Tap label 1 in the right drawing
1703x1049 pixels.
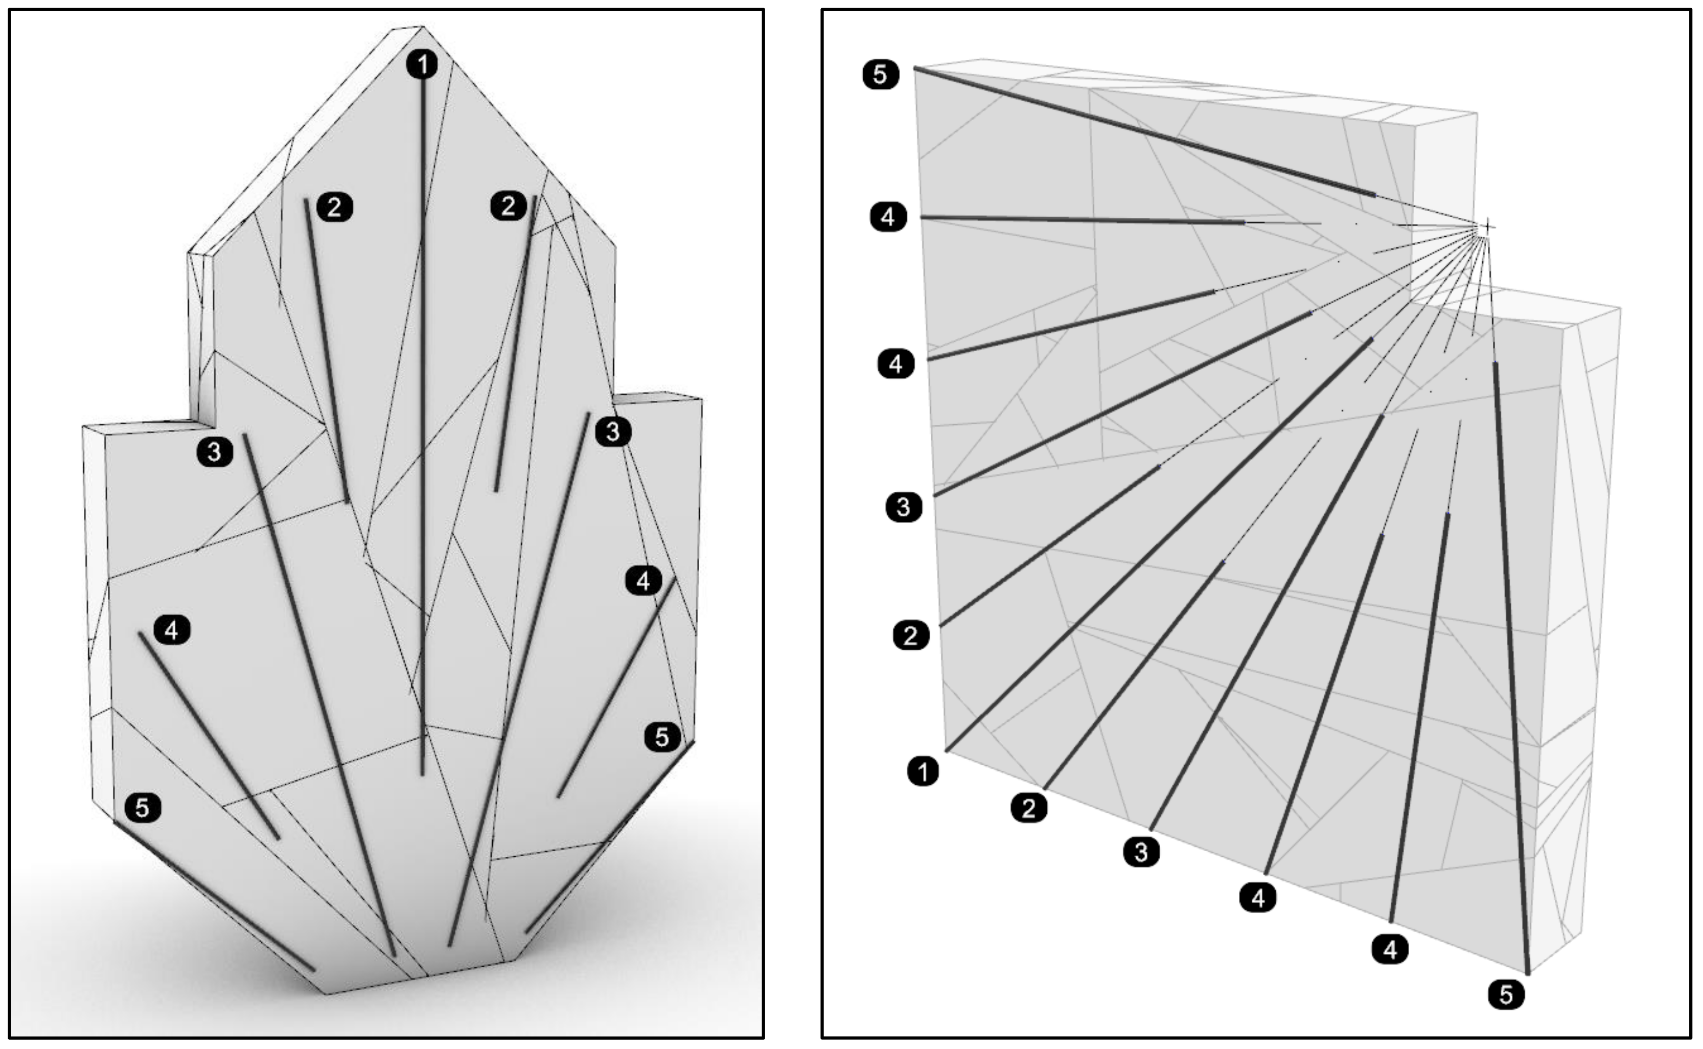point(923,771)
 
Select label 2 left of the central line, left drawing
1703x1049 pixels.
point(334,207)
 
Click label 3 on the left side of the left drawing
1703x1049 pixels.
point(214,452)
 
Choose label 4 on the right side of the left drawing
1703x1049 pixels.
point(643,581)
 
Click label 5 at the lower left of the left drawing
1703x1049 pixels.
point(142,808)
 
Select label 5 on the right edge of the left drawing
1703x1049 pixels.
point(662,737)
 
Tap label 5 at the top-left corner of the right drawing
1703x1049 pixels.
point(880,74)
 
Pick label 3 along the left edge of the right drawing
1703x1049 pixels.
point(903,507)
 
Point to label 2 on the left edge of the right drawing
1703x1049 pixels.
point(911,635)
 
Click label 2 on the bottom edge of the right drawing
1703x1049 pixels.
point(1029,808)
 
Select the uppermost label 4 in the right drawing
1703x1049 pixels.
point(888,217)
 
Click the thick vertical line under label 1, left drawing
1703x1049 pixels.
point(423,416)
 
